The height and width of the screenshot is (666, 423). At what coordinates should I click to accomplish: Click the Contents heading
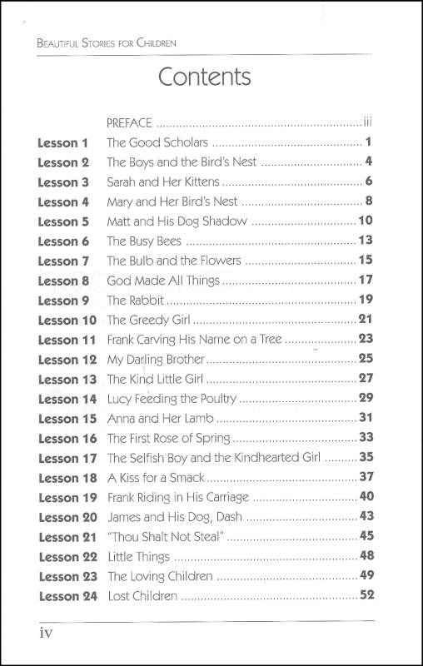204,77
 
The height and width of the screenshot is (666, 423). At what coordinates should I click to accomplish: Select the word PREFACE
130,122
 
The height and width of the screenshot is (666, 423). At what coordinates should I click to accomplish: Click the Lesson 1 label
62,142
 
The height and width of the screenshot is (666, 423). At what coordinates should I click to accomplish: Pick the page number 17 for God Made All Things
365,281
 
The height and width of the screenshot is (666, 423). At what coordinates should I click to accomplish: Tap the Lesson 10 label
67,321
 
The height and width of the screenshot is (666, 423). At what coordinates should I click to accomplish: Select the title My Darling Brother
156,360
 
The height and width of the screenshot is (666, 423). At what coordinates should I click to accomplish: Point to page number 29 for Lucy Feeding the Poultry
365,399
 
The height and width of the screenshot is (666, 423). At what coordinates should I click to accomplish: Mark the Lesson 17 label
67,458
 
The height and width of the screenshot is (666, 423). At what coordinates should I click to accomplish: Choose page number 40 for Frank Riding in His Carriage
365,498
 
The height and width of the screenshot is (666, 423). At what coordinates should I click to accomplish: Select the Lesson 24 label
67,596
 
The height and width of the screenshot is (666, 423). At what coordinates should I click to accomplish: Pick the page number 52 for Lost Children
365,595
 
